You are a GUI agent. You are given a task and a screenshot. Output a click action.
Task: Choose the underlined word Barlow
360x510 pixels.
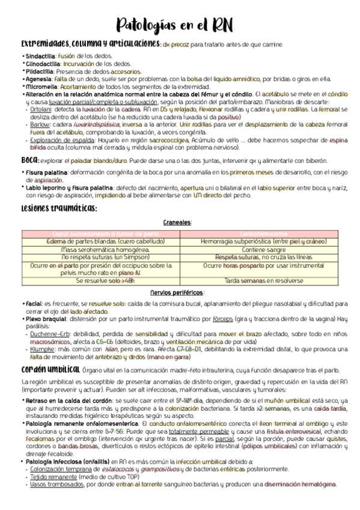tap(38, 124)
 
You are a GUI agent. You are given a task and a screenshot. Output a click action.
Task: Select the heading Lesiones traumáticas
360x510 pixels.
tap(59, 207)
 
